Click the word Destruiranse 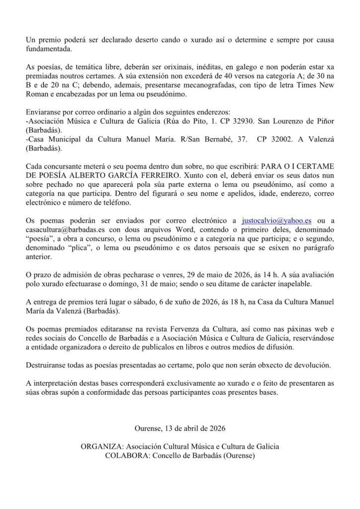pyautogui.click(x=47, y=365)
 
